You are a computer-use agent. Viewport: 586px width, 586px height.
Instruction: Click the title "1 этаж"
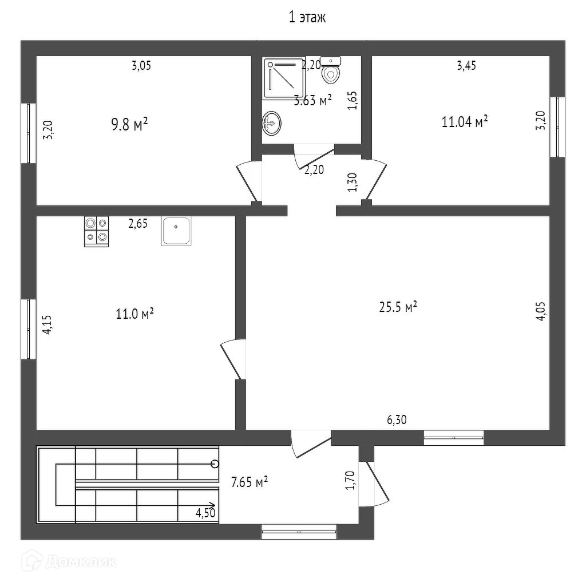(307, 18)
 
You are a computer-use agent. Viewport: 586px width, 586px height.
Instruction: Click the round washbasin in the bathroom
(272, 122)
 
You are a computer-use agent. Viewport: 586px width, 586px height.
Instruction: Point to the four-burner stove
(96, 231)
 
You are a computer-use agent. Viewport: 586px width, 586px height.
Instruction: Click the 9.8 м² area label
(130, 124)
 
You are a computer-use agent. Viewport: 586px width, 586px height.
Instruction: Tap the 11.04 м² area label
(465, 121)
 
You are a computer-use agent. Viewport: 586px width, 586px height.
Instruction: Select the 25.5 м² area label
(398, 307)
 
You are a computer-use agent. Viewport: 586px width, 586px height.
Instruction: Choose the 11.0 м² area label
(134, 314)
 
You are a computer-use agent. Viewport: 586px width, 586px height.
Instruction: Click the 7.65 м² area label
(250, 482)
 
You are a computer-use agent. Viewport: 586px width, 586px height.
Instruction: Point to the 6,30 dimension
(397, 420)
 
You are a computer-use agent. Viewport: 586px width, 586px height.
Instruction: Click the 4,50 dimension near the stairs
(205, 513)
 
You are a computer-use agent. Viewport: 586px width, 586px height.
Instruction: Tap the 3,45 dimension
(466, 65)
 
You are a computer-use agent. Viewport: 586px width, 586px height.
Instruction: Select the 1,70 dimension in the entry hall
(351, 480)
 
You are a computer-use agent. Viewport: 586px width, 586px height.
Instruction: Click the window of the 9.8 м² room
(28, 133)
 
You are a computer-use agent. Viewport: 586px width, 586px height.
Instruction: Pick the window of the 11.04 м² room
(557, 127)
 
